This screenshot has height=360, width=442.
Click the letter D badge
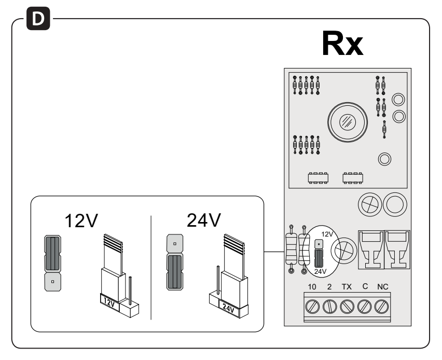pos(38,19)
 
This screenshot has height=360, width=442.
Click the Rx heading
pos(342,44)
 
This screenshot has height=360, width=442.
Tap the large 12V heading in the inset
pos(81,220)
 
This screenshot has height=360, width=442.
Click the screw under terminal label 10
pos(312,307)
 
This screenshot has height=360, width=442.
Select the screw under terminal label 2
pos(329,307)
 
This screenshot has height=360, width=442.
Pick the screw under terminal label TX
pos(347,307)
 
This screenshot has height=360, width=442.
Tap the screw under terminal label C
pos(364,307)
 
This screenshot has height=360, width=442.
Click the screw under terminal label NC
pos(381,307)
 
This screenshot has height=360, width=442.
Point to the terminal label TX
pos(347,287)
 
